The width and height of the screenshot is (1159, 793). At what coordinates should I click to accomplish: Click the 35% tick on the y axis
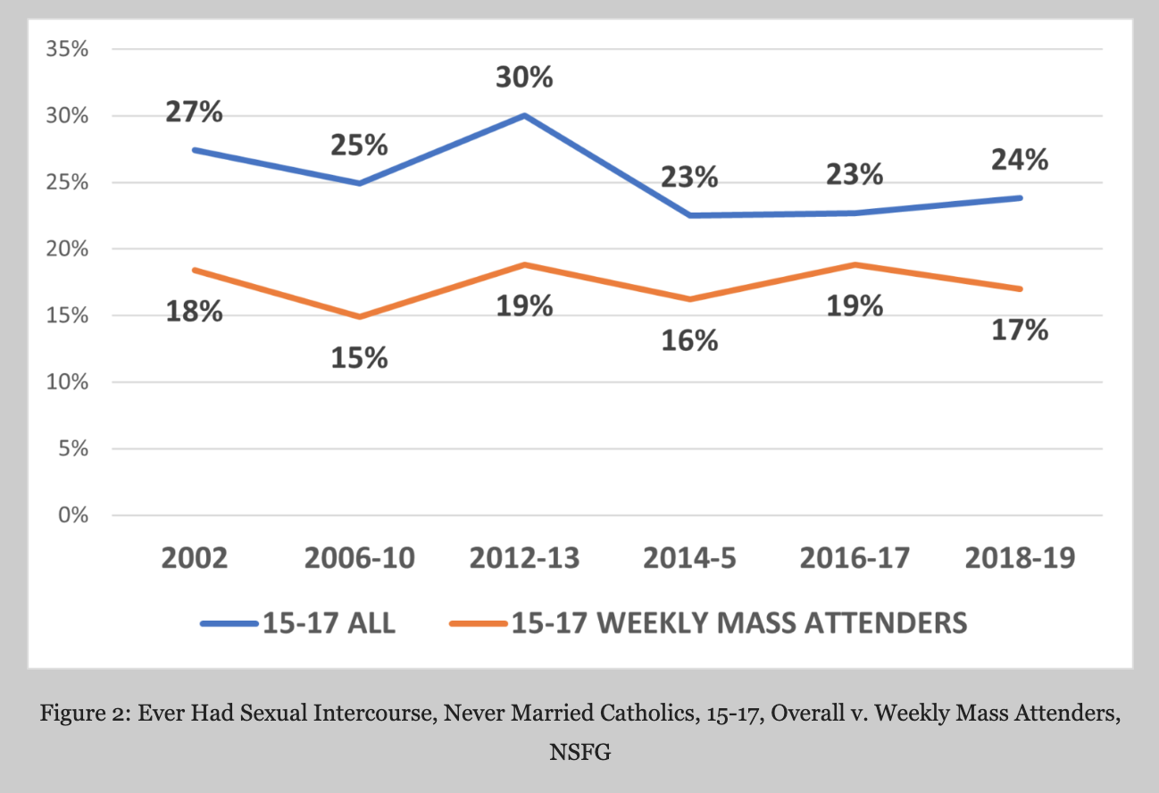pos(68,49)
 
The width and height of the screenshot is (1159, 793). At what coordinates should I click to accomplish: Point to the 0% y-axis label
pos(72,515)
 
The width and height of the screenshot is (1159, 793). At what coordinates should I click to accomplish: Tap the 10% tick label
pos(68,382)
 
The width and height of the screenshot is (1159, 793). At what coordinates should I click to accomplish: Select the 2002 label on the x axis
pos(194,558)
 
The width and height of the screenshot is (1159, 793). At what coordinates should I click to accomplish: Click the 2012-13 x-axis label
pos(524,558)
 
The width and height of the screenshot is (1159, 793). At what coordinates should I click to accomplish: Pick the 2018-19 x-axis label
pos(1021,558)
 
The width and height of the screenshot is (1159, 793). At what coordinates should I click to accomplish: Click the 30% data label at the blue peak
pos(524,78)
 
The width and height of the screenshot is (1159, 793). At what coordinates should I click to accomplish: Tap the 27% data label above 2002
pos(194,113)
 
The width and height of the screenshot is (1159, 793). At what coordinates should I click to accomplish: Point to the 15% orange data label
pos(359,358)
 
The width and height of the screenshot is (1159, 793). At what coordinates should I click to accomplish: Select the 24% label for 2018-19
pos(1021,161)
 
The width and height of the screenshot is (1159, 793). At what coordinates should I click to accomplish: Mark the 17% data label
pos(1021,330)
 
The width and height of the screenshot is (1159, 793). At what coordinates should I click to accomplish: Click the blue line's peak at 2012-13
pos(524,115)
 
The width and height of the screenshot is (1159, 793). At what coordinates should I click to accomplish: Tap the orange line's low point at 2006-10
pos(359,316)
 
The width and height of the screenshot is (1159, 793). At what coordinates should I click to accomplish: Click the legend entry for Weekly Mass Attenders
pos(739,622)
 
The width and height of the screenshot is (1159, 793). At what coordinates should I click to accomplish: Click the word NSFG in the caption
pos(579,752)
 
